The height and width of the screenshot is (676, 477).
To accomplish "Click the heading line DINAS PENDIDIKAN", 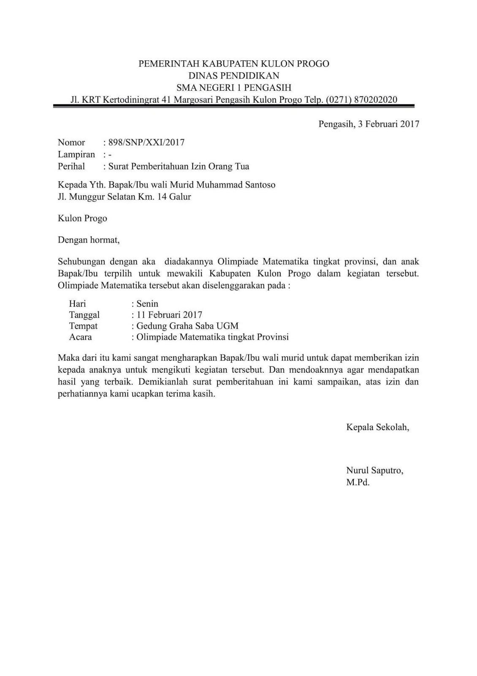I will pyautogui.click(x=234, y=76).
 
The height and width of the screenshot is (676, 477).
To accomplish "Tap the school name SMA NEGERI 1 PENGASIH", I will pyautogui.click(x=234, y=88).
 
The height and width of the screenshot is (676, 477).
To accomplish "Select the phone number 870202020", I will pyautogui.click(x=376, y=100).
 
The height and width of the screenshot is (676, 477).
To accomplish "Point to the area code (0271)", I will pyautogui.click(x=339, y=100).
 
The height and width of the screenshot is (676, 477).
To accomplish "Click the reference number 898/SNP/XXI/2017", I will pyautogui.click(x=146, y=142).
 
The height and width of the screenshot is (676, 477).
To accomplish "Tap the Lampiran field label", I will pyautogui.click(x=76, y=155).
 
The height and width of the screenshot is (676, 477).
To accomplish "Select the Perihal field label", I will pyautogui.click(x=71, y=166).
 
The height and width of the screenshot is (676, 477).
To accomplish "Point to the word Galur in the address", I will pyautogui.click(x=180, y=196).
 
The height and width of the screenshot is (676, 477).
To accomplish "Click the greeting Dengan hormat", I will pyautogui.click(x=89, y=240).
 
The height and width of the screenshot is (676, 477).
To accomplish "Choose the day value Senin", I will pyautogui.click(x=147, y=304).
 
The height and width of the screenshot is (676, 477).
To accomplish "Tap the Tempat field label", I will pyautogui.click(x=83, y=326).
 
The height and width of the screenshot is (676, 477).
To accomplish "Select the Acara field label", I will pyautogui.click(x=80, y=337).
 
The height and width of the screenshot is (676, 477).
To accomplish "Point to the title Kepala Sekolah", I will pyautogui.click(x=378, y=427).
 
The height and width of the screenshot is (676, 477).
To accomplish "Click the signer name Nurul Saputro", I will pyautogui.click(x=374, y=470).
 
